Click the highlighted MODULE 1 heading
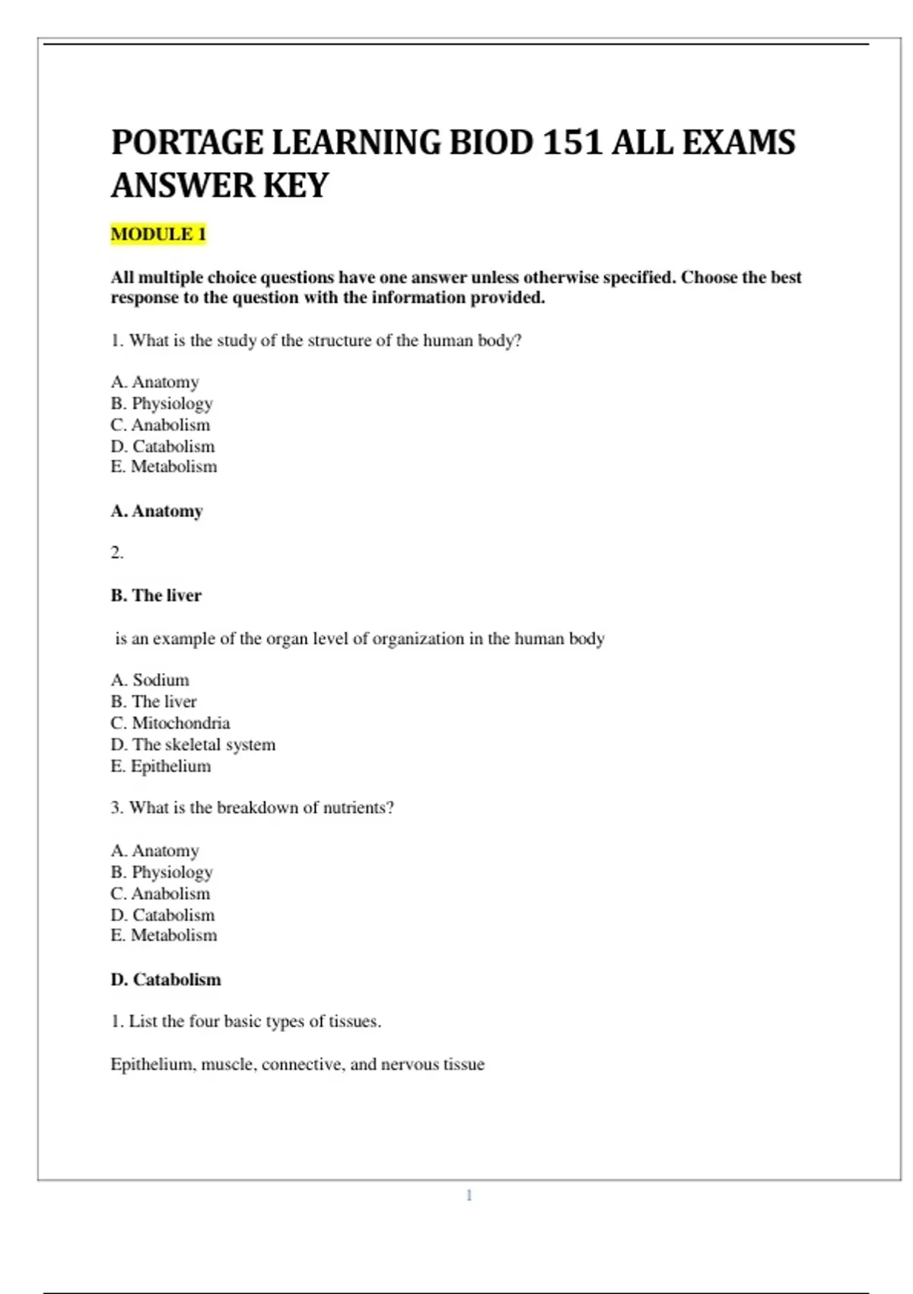158,234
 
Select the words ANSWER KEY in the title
220,186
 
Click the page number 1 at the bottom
469,1195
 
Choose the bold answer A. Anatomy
157,511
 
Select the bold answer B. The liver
156,595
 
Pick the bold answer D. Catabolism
166,980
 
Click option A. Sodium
150,680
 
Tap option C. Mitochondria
170,722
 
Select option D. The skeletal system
192,744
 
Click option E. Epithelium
161,766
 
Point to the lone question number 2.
116,553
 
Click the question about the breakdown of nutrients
252,808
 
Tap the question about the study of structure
316,340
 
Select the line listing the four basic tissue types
246,1021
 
